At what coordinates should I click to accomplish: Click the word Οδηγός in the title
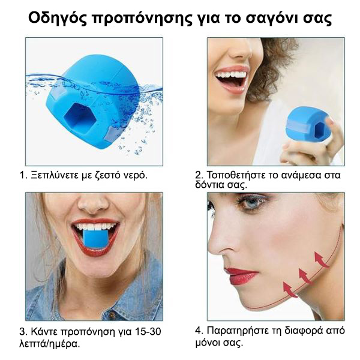(58, 19)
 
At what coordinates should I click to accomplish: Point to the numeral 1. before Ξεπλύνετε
(23, 175)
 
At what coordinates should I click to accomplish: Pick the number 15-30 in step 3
(148, 332)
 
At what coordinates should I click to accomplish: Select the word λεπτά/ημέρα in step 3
(50, 344)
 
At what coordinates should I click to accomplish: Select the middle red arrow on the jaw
(305, 276)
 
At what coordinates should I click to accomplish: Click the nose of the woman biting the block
(94, 203)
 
